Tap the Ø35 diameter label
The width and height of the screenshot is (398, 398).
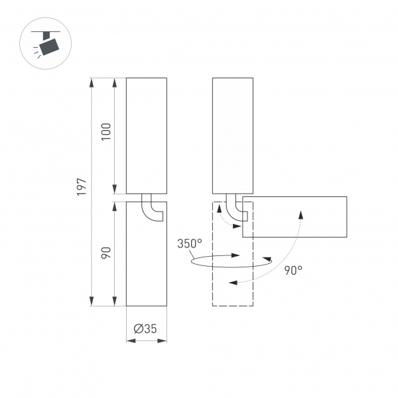pos(146,328)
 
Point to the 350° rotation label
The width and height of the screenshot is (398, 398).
pos(190,243)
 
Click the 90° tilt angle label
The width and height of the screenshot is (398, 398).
pos(293,270)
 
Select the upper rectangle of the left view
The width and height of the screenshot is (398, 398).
pos(146,136)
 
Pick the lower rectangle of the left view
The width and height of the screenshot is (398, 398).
pos(146,259)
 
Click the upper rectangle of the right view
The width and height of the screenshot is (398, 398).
pos(232,136)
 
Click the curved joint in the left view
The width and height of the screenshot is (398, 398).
pos(153,209)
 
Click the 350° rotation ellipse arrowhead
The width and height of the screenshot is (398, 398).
pos(237,255)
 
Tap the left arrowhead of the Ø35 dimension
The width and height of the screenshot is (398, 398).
pos(129,342)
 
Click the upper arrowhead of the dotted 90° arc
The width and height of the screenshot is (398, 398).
pos(301,214)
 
